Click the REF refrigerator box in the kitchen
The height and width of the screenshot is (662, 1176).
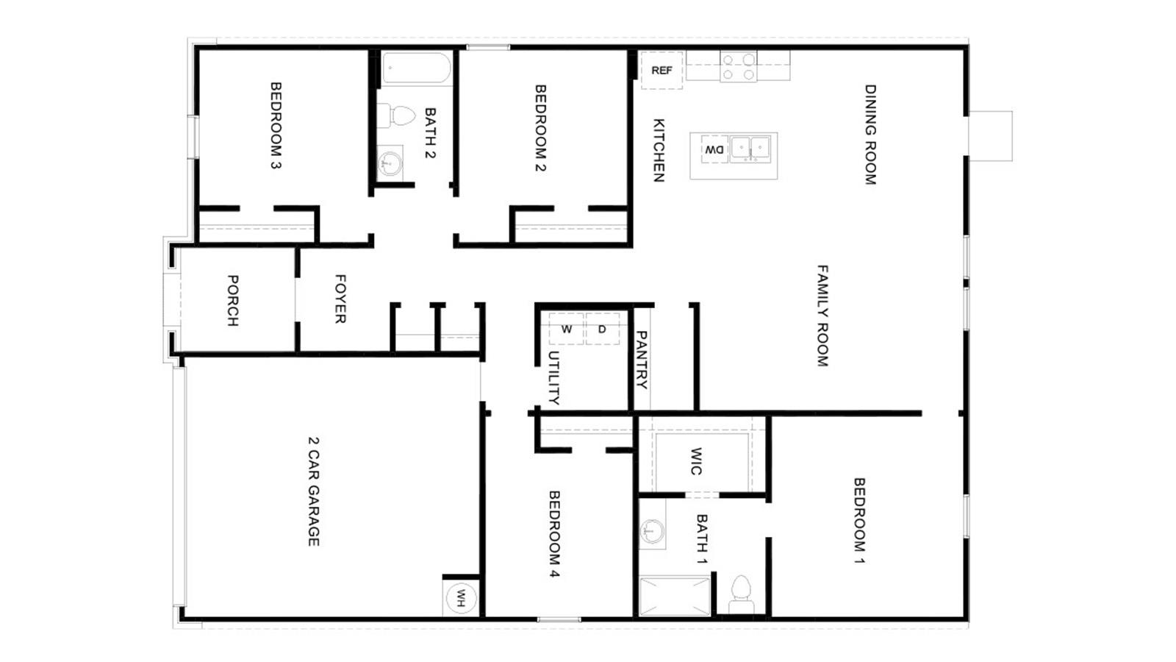(x=661, y=71)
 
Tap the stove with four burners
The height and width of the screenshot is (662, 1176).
(x=738, y=66)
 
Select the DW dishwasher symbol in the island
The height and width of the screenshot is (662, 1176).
(x=714, y=150)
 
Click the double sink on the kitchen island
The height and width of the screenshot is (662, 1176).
(x=750, y=149)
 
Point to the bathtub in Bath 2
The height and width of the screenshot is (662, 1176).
(x=416, y=69)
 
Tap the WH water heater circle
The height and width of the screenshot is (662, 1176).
(x=461, y=599)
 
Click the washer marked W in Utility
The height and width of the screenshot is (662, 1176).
(x=566, y=329)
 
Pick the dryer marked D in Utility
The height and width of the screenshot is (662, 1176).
(x=602, y=329)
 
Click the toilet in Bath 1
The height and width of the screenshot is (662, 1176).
(x=741, y=594)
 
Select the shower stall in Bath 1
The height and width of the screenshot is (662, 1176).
(x=675, y=596)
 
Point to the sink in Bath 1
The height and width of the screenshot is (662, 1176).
(x=652, y=530)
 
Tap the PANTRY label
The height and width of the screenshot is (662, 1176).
(x=641, y=360)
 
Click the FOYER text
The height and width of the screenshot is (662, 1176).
(x=340, y=299)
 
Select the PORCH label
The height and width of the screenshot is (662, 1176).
(x=232, y=300)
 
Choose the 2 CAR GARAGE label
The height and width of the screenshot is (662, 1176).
(x=313, y=491)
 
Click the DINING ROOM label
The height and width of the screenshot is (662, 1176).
(x=870, y=135)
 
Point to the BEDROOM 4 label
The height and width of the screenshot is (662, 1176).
(x=554, y=533)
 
